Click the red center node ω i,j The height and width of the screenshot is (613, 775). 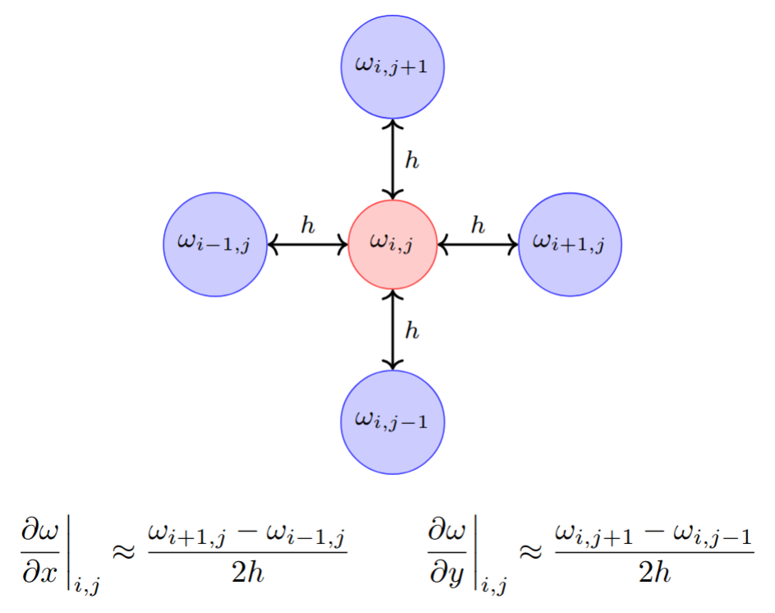click(392, 244)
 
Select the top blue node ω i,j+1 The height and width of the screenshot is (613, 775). click(392, 67)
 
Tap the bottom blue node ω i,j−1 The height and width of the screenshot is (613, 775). click(392, 422)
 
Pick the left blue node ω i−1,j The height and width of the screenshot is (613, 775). click(215, 244)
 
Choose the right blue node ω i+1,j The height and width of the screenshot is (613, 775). click(570, 244)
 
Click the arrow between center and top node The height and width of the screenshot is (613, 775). click(393, 159)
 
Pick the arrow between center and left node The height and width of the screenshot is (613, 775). click(308, 244)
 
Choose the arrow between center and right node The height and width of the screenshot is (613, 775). click(477, 244)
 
